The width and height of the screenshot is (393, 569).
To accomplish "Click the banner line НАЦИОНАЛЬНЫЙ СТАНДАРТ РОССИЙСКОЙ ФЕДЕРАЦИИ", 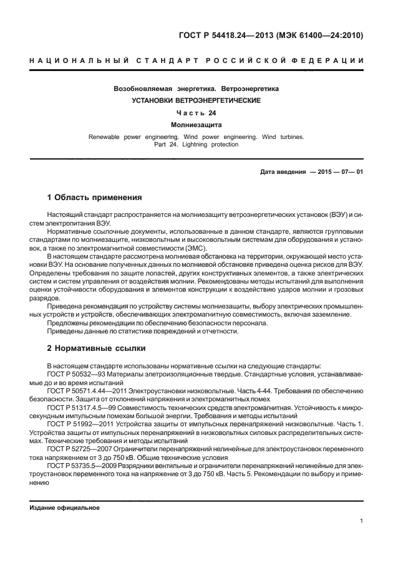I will coord(196,60).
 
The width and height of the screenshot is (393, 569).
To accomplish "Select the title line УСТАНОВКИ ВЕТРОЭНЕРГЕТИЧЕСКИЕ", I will coord(196,100).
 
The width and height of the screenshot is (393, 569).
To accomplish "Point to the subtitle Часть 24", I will coord(196,113).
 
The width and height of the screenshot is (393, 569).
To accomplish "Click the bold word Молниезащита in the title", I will coord(196,125).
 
